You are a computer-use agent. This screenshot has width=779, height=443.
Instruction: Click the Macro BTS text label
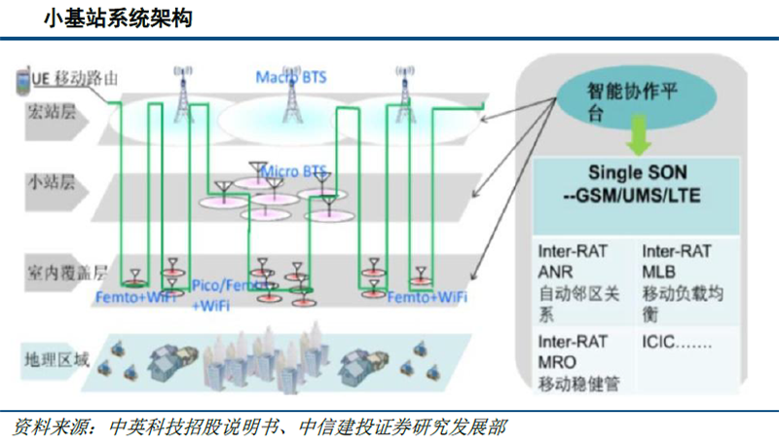pyautogui.click(x=290, y=76)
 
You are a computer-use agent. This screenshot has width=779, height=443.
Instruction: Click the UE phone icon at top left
pyautogui.click(x=20, y=81)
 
